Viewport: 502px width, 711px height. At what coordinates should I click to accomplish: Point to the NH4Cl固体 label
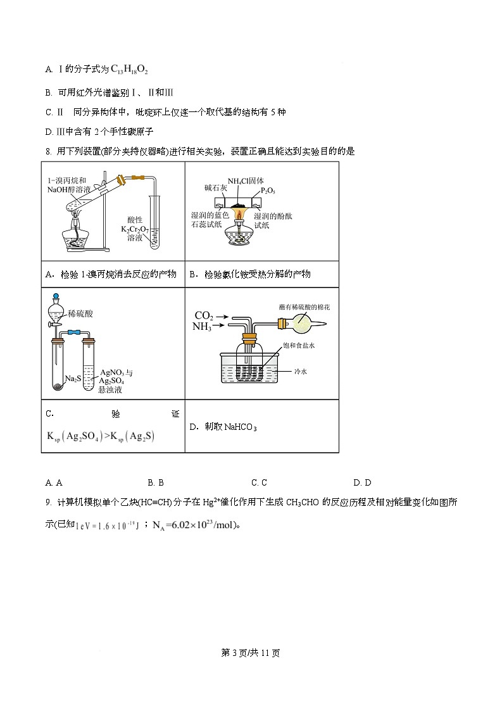pos(246,180)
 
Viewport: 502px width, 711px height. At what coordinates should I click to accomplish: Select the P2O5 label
pos(268,190)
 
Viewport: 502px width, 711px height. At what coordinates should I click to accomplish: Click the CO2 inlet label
pos(204,315)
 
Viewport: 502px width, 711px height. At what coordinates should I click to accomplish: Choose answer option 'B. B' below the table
pos(156,482)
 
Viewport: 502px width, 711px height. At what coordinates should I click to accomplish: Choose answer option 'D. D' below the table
pos(362,482)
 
